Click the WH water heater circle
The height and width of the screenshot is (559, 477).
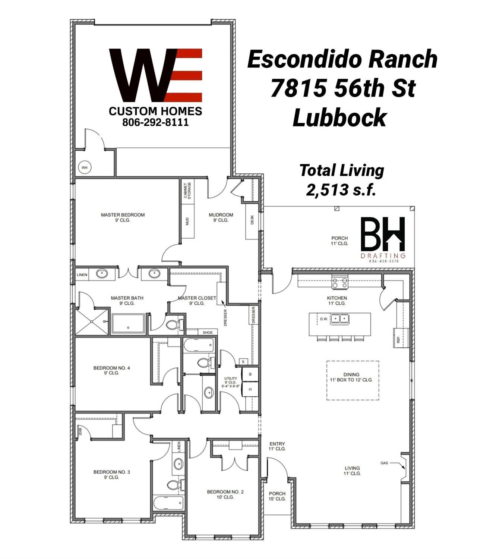pos(85,167)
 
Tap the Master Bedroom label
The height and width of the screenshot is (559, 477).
pos(123,217)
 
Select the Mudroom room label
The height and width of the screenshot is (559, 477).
pos(221,217)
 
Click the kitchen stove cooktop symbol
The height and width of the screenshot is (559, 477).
pos(340,282)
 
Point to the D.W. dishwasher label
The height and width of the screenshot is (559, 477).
pos(323,319)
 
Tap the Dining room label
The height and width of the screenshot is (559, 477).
pos(351,377)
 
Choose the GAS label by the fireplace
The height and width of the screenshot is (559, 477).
pos(384,463)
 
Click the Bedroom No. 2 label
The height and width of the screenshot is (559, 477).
pos(225,494)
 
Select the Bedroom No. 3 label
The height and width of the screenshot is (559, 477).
pos(111,474)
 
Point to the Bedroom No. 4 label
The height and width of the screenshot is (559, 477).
pos(111,370)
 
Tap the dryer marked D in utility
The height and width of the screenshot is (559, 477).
pos(250,389)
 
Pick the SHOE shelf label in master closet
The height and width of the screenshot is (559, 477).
pos(208,332)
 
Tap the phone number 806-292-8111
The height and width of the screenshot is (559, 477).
pos(155,122)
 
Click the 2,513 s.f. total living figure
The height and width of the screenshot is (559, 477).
pos(341,190)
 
